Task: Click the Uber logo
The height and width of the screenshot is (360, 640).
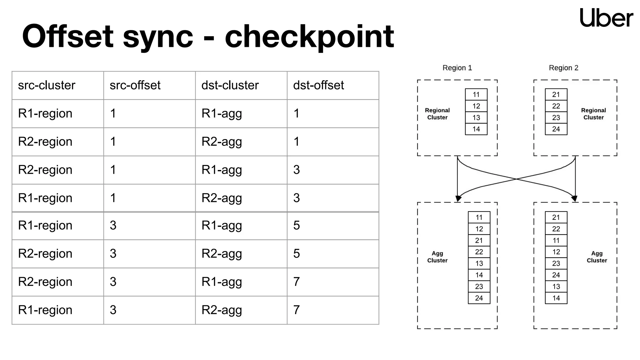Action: coord(606,18)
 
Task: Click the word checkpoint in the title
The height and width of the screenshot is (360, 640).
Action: coord(309,37)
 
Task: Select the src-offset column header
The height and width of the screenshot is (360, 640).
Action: coord(135,85)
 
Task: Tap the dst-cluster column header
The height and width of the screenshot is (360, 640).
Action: coord(230,85)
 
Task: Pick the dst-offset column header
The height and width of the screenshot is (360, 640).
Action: coord(318,85)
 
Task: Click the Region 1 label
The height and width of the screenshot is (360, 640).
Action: coord(457,68)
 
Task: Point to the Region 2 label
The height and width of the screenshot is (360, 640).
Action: coord(563,68)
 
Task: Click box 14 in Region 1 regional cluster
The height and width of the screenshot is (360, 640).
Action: coord(476,129)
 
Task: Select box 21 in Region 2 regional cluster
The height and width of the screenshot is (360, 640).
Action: coord(556,94)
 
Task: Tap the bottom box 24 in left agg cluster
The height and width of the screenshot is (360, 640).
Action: coord(479,298)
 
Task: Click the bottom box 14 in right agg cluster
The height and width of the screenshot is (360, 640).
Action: coord(556,298)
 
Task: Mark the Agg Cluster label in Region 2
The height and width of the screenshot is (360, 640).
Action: coord(597,257)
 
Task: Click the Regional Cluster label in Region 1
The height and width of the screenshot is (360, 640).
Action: coord(437,114)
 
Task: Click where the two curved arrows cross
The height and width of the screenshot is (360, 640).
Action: coord(516,179)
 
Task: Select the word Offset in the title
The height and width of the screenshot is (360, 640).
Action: coord(67,37)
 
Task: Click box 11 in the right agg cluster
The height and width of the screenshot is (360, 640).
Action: coord(556,241)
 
